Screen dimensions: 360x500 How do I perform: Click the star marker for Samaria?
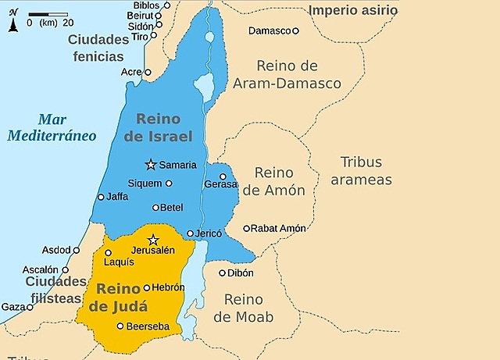pyautogui.click(x=150, y=164)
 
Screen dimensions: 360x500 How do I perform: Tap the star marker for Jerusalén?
pyautogui.click(x=153, y=240)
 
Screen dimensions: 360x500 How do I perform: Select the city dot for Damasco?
pyautogui.click(x=295, y=30)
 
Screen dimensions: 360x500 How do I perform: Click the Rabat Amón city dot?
pyautogui.click(x=246, y=229)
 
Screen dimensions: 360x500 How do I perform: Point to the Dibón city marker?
pyautogui.click(x=222, y=273)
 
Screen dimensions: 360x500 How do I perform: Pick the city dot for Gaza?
pyautogui.click(x=30, y=307)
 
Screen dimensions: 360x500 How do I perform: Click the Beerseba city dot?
pyautogui.click(x=120, y=326)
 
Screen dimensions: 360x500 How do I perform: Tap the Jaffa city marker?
pyautogui.click(x=100, y=197)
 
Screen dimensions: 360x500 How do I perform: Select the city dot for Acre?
pyautogui.click(x=148, y=72)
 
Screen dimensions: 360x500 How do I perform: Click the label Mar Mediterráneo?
pyautogui.click(x=52, y=127)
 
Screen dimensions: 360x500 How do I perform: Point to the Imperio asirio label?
pyautogui.click(x=352, y=10)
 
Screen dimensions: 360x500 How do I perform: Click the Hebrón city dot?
pyautogui.click(x=146, y=287)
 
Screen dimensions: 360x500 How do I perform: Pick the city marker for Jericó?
pyautogui.click(x=190, y=233)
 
